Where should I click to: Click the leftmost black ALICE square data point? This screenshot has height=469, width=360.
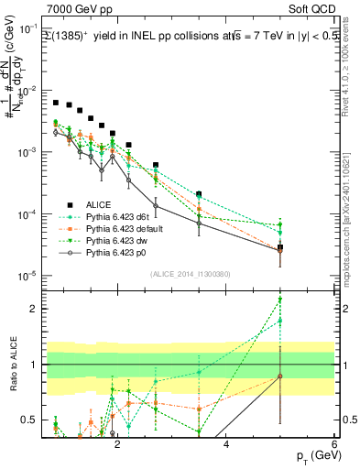pyautogui.click(x=56, y=103)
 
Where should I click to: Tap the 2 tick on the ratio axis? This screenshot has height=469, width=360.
pyautogui.click(x=33, y=309)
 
